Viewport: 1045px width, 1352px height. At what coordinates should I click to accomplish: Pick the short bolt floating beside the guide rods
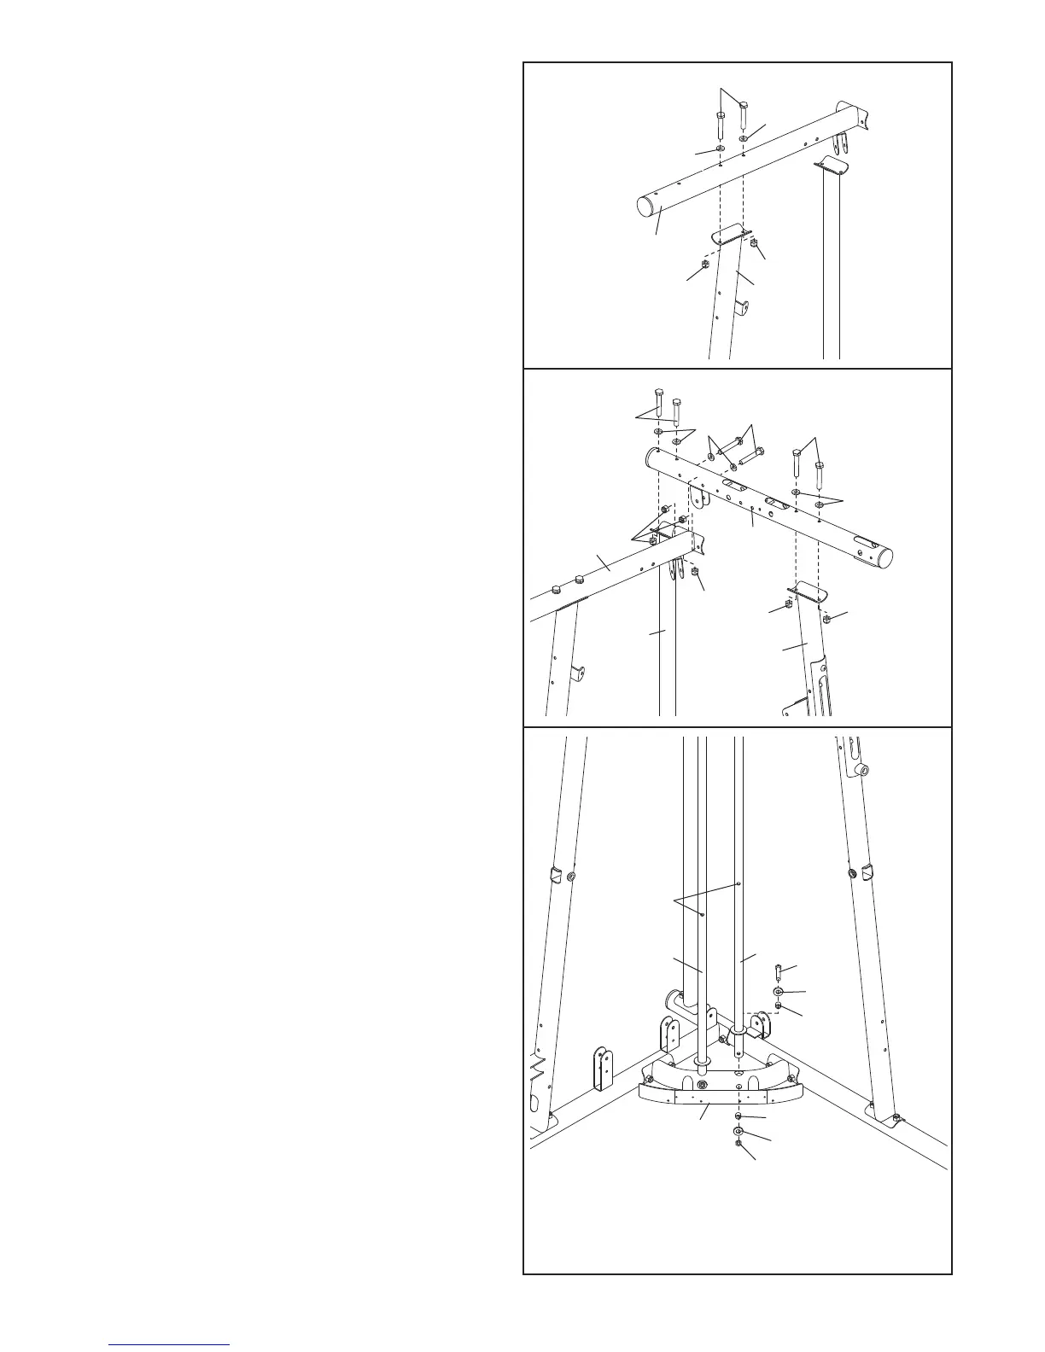779,971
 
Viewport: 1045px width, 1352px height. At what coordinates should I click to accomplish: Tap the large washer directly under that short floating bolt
779,992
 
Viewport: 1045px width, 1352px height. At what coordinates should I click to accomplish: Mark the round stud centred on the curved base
702,1085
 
